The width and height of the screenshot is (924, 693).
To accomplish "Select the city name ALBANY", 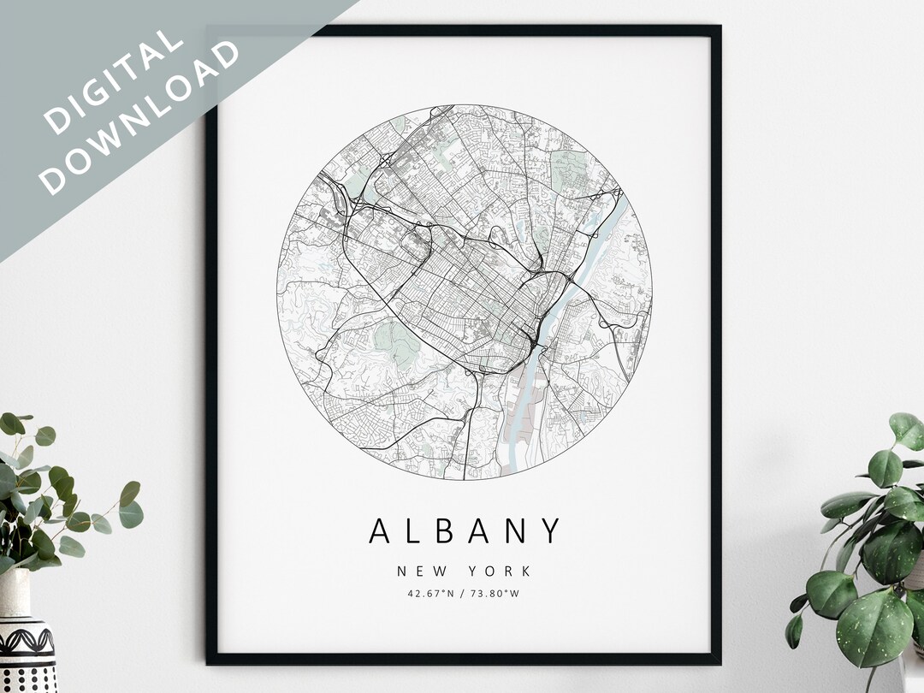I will click(x=465, y=530).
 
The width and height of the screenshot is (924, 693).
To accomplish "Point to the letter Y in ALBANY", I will click(x=552, y=530).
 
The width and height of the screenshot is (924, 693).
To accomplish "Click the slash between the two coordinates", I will click(x=463, y=592).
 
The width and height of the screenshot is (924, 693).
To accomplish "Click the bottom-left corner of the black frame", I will click(x=210, y=660).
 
